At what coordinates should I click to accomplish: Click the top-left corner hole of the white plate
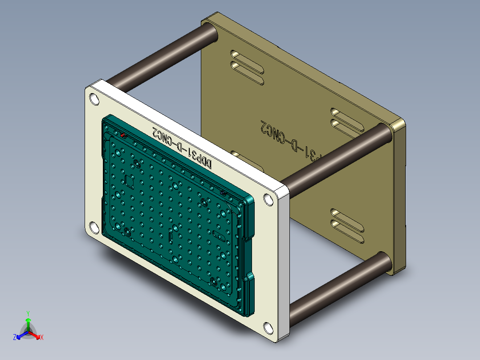tap(95, 99)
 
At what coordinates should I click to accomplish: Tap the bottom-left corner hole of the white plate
tap(94, 228)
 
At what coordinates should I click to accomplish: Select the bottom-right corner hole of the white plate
tap(268, 328)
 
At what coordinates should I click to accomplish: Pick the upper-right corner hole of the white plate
tap(268, 199)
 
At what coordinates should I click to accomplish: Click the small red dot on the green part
tap(123, 135)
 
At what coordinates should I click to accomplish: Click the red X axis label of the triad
tap(41, 338)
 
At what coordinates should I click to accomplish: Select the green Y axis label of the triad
tap(28, 313)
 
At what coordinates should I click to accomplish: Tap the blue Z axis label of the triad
tap(15, 338)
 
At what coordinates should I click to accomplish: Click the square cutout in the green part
tap(129, 181)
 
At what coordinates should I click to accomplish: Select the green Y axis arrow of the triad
tap(28, 323)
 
